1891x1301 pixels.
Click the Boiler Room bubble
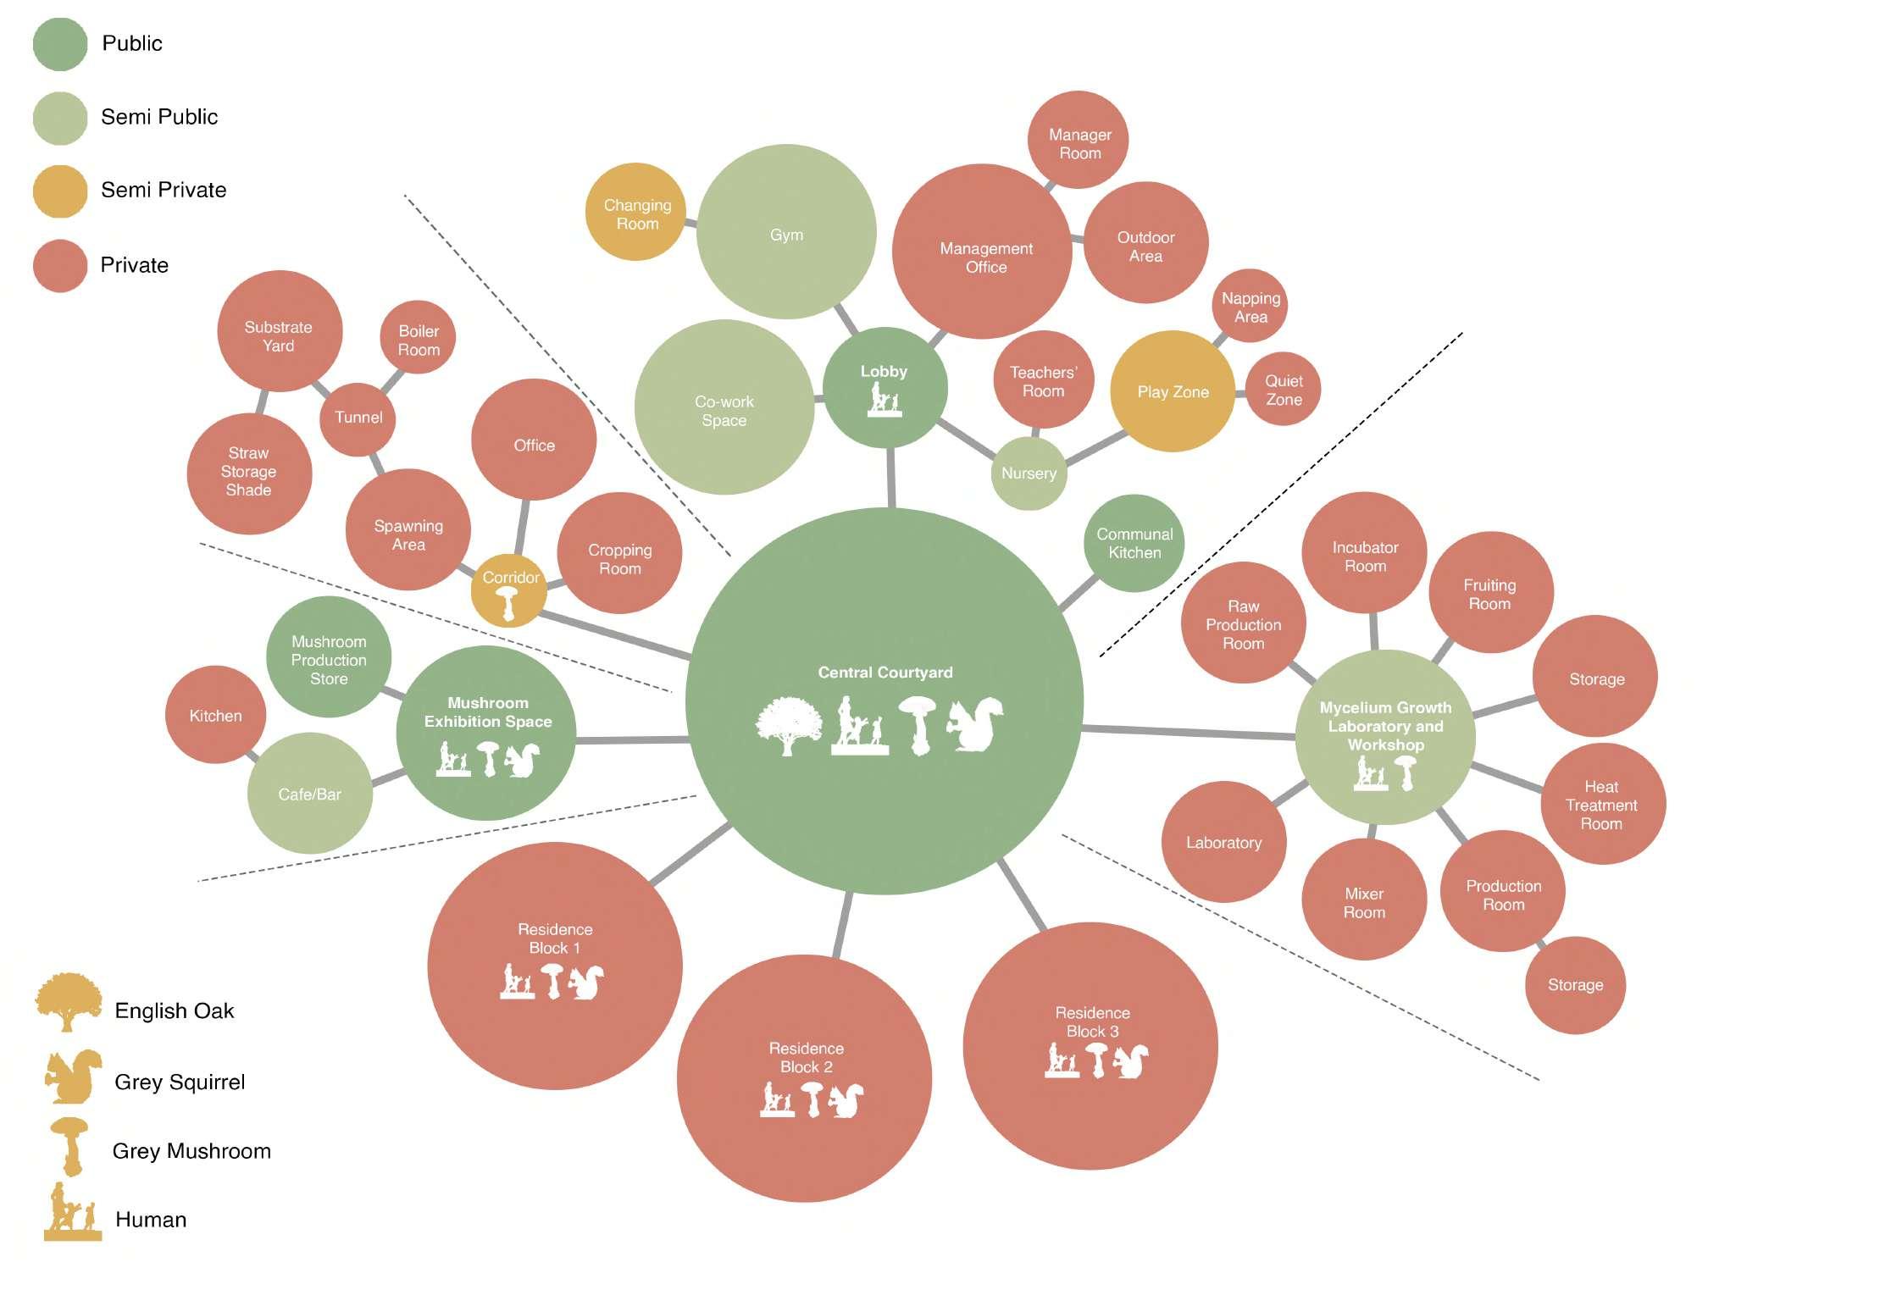[x=418, y=340]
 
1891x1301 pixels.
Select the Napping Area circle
[x=1250, y=307]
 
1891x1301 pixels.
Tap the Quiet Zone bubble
[x=1284, y=390]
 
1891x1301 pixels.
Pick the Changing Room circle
[x=636, y=213]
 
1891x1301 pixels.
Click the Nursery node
[x=1029, y=473]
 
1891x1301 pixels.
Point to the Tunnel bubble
[x=358, y=418]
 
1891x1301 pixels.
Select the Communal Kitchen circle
[x=1134, y=543]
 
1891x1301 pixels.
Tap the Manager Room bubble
[x=1079, y=141]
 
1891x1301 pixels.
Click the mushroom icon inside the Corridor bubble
[x=507, y=602]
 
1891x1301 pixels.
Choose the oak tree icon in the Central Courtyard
[x=788, y=725]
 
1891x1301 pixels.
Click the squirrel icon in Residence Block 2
[x=846, y=1101]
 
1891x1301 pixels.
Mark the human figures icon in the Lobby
[x=884, y=399]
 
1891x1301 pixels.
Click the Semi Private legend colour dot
[x=60, y=191]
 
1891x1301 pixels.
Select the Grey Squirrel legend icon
[x=73, y=1077]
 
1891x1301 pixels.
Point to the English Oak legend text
[x=174, y=1011]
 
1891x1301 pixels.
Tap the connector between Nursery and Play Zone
[x=1096, y=448]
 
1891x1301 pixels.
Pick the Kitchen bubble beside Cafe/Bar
[x=215, y=716]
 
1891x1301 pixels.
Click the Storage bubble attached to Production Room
[x=1575, y=985]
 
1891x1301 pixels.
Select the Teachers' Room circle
[x=1043, y=381]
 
